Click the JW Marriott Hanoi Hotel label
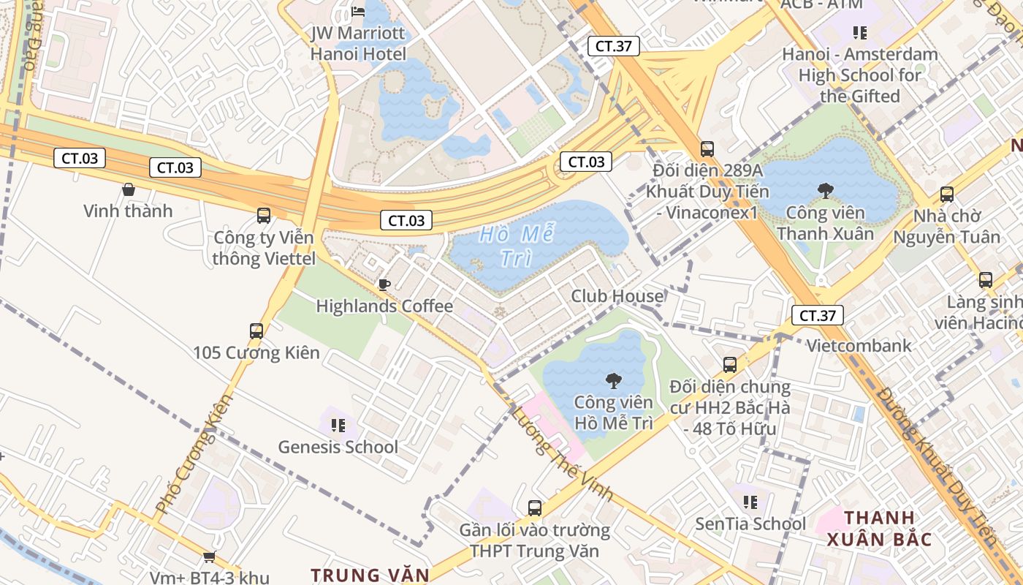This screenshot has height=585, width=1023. coord(358,44)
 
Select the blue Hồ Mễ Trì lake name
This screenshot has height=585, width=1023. coord(517,246)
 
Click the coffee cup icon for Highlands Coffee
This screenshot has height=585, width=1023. coord(384,284)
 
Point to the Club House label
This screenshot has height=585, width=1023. coord(617,296)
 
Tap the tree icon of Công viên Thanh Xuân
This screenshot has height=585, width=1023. coord(826,192)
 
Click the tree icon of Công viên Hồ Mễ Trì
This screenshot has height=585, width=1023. coord(614,380)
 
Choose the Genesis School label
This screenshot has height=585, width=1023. coord(338,447)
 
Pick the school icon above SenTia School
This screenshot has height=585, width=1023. coord(750,502)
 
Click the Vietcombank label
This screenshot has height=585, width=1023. coord(859,346)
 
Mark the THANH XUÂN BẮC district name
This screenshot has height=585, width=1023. coord(880,529)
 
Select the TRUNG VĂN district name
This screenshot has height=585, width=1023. coord(370,575)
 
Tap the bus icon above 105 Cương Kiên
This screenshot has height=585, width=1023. coord(256,331)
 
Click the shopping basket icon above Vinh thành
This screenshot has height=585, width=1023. coord(129,189)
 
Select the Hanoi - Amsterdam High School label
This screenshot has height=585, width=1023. coord(860,75)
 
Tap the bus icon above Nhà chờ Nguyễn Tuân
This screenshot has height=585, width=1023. coord(947,195)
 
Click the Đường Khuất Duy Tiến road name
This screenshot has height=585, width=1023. coord(938,468)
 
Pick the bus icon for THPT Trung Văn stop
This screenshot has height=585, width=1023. coord(535,507)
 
